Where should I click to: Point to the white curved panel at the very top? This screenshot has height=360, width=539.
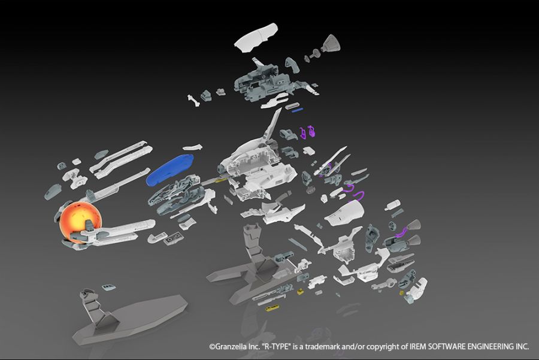(x=256, y=37)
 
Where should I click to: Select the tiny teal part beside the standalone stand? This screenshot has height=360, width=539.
(x=108, y=286)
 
